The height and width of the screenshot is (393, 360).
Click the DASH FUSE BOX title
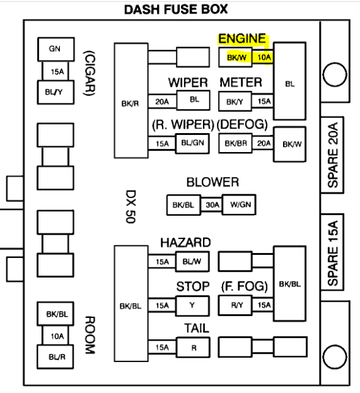click(x=176, y=9)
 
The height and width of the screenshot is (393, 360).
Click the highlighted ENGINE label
click(x=242, y=39)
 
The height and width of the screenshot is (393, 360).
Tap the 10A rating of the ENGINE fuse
click(x=264, y=57)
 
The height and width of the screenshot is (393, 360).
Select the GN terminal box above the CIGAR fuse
click(x=56, y=49)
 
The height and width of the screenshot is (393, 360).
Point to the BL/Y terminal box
click(x=55, y=92)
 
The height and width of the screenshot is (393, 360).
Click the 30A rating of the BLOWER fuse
click(x=212, y=205)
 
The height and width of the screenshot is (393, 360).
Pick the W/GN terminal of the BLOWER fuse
click(x=239, y=205)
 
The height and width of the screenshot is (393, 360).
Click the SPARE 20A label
click(x=333, y=155)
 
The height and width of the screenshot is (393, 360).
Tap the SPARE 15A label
click(x=333, y=253)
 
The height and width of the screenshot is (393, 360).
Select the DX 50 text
click(x=131, y=206)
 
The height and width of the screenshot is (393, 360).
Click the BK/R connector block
click(x=131, y=100)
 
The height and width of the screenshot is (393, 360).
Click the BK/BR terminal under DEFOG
click(x=235, y=143)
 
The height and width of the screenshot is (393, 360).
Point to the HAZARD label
click(x=185, y=243)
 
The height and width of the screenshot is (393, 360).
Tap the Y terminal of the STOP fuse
click(x=193, y=306)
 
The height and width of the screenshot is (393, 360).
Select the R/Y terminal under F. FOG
click(x=235, y=305)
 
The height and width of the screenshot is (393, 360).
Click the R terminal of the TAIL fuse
click(x=193, y=348)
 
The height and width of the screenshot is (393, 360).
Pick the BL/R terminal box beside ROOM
click(x=55, y=357)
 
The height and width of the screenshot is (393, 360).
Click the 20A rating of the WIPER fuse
click(x=162, y=102)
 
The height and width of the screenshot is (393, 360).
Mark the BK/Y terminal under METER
click(x=235, y=102)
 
